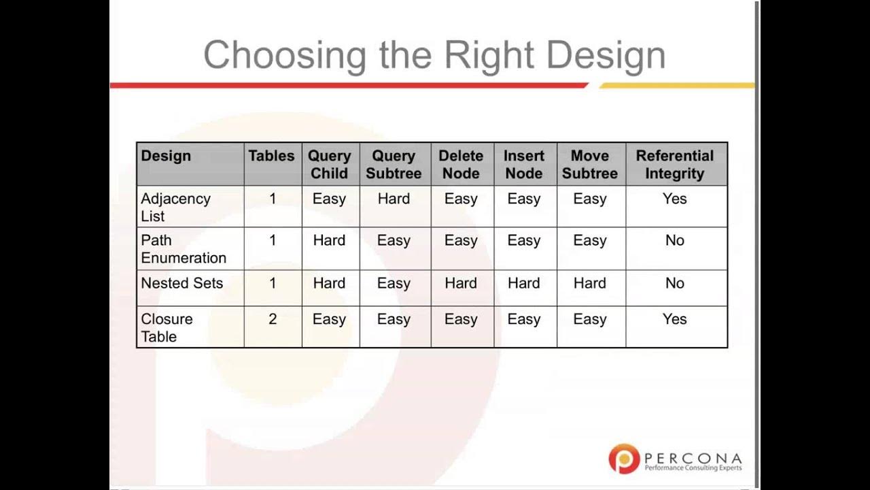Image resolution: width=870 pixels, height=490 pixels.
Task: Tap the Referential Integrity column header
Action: (675, 164)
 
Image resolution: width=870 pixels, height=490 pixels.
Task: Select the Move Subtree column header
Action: (590, 164)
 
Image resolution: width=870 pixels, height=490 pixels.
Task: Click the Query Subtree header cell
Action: (394, 164)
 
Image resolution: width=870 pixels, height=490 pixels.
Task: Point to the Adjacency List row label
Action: (175, 207)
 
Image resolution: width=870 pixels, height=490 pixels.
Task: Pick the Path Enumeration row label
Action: (184, 248)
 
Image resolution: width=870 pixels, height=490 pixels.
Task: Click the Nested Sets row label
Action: (181, 283)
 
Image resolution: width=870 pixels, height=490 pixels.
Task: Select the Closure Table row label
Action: (167, 327)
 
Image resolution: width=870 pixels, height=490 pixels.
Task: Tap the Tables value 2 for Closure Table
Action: (273, 319)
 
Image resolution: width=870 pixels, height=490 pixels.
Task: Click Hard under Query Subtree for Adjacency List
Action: (394, 199)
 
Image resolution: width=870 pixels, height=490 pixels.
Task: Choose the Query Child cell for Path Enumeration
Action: (329, 240)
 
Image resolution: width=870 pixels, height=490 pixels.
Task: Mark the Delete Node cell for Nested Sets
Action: (461, 283)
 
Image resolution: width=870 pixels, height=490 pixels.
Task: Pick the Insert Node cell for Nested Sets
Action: (524, 283)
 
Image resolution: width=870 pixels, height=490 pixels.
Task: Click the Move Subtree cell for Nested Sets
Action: (590, 283)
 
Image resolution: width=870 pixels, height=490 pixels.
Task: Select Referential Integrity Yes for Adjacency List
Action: (675, 199)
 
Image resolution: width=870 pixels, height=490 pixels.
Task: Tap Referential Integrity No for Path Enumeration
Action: (675, 240)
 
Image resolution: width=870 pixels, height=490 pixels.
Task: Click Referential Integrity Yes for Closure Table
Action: (675, 319)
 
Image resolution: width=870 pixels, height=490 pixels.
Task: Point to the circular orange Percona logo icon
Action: (624, 458)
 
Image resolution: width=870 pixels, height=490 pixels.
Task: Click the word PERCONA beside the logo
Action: (693, 457)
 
